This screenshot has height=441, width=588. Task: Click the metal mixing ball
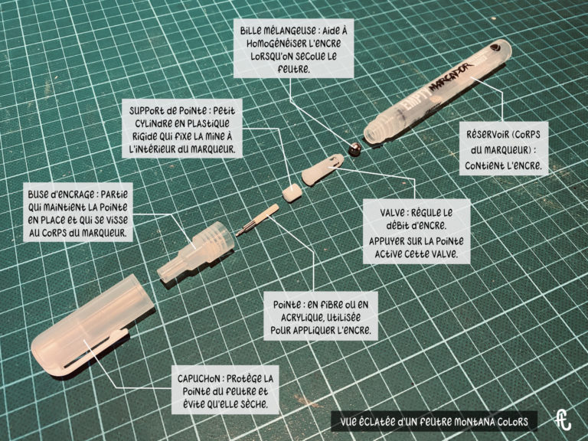[x=354, y=149]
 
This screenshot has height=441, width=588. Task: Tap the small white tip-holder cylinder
[x=292, y=193]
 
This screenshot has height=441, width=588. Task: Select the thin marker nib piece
[x=257, y=220]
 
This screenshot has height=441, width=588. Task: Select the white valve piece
[x=322, y=169]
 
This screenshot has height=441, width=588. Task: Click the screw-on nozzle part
[x=196, y=251]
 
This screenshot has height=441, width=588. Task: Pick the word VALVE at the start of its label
[x=392, y=213]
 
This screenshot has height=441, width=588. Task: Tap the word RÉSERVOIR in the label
[x=487, y=134]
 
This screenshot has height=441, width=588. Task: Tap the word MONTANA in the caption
[x=474, y=422]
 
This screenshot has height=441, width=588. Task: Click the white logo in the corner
[x=563, y=420]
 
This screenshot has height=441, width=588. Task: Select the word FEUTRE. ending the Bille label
[x=294, y=69]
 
